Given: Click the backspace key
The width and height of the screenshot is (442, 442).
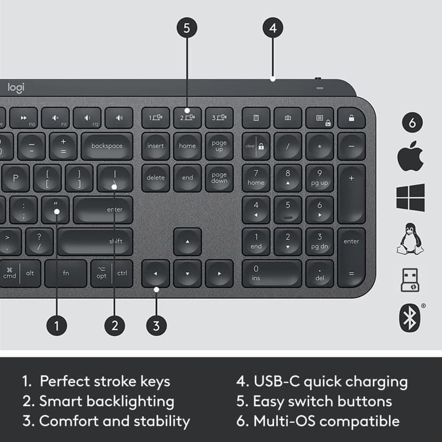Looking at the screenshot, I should click(x=107, y=146).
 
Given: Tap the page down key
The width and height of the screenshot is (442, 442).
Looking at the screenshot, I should click(x=219, y=178).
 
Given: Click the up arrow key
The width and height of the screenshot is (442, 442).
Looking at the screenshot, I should click(x=187, y=241).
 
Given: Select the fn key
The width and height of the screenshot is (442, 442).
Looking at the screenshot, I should click(x=66, y=273).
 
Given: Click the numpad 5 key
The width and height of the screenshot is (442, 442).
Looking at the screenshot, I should click(x=288, y=209).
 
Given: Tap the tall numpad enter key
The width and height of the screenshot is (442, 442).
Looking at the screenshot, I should click(x=351, y=257).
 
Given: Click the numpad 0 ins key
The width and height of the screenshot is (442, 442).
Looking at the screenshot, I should click(x=271, y=273).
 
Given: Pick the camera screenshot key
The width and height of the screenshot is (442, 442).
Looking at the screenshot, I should click(x=288, y=117).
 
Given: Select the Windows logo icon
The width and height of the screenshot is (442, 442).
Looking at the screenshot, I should click(x=410, y=198).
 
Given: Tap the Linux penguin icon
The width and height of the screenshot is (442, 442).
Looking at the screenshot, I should click(x=410, y=239).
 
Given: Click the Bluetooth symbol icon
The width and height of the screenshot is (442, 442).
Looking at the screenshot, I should click(x=410, y=318).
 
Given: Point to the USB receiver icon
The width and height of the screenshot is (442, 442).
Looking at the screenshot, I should click(x=410, y=280).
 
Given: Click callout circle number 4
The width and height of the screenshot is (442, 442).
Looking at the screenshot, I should click(x=273, y=28).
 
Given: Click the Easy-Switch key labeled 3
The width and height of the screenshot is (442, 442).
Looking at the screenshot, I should click(x=219, y=117).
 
